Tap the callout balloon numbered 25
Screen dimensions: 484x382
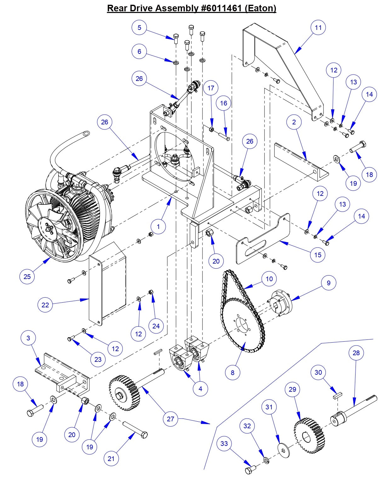coord(27,276)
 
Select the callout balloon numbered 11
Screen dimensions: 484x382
coord(318,28)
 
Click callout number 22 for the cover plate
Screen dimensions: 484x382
coord(45,305)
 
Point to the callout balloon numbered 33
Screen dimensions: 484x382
coord(224,443)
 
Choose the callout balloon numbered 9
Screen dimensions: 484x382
coord(328,283)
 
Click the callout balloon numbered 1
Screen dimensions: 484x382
coord(158,226)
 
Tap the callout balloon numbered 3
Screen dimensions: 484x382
coord(28,338)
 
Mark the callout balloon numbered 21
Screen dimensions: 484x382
coord(111,458)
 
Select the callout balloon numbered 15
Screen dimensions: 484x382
coord(318,254)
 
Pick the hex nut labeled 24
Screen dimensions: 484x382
coord(151,292)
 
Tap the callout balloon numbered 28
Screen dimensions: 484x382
coord(356,353)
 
